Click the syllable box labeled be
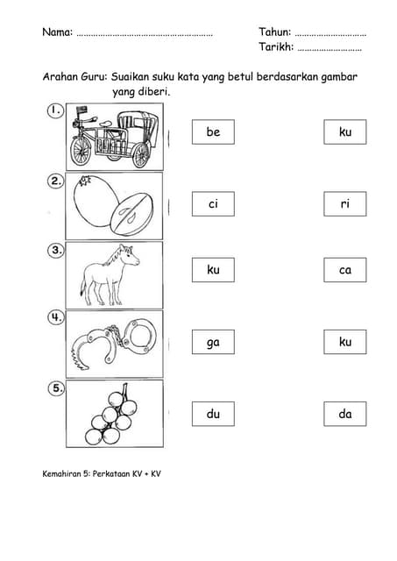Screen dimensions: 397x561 pos(213,132)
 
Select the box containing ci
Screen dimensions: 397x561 pos(213,204)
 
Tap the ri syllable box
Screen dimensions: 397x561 pos(345,204)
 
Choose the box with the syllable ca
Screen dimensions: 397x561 pos(345,270)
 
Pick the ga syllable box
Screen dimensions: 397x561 pos(213,342)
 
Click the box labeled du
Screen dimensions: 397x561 pos(213,414)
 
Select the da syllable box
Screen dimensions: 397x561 pos(345,414)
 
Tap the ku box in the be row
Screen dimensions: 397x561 pos(345,132)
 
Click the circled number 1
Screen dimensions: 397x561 pos(55,110)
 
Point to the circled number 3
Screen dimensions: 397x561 pos(56,250)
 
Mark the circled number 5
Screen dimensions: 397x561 pos(56,387)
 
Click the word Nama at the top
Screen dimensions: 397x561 pos(57,32)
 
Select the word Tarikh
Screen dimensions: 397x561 pos(276,46)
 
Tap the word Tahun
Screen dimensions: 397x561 pos(274,32)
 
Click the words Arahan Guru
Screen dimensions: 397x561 pos(75,77)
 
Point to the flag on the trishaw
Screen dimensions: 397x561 pos(82,110)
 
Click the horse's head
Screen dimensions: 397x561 pos(130,255)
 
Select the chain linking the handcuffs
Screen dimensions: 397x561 pos(115,334)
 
